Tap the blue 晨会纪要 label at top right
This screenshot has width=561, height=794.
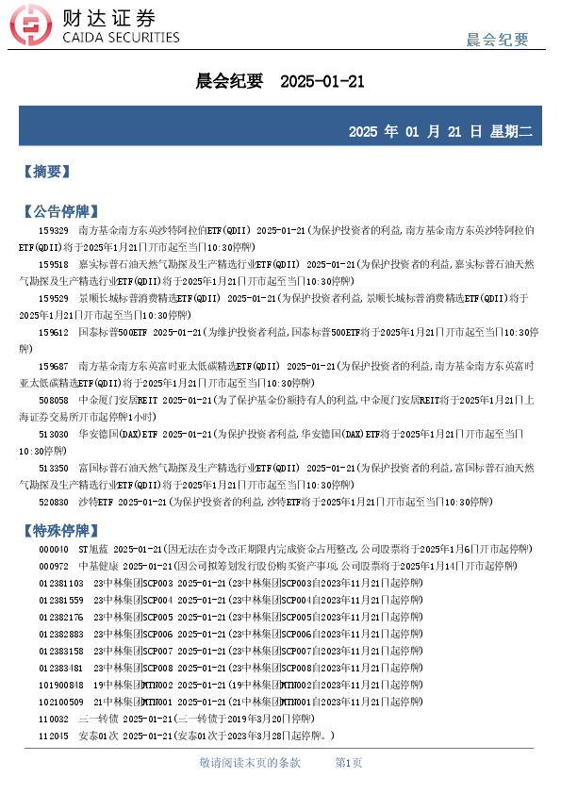click(498, 40)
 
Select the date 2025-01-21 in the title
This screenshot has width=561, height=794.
click(322, 82)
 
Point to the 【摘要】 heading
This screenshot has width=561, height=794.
click(46, 172)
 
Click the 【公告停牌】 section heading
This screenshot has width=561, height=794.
click(59, 210)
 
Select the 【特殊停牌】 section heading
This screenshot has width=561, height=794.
click(59, 530)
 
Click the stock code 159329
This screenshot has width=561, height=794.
click(53, 229)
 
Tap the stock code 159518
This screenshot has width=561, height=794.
click(53, 264)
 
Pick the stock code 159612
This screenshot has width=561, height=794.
click(53, 332)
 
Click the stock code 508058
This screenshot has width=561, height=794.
click(53, 400)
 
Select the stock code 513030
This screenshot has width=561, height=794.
click(53, 434)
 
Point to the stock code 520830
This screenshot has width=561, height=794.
click(53, 502)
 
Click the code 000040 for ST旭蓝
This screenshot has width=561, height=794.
click(53, 549)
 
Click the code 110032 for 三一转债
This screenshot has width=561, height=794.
click(53, 719)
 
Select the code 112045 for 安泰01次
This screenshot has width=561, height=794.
click(53, 736)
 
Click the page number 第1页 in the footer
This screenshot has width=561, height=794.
click(349, 762)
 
